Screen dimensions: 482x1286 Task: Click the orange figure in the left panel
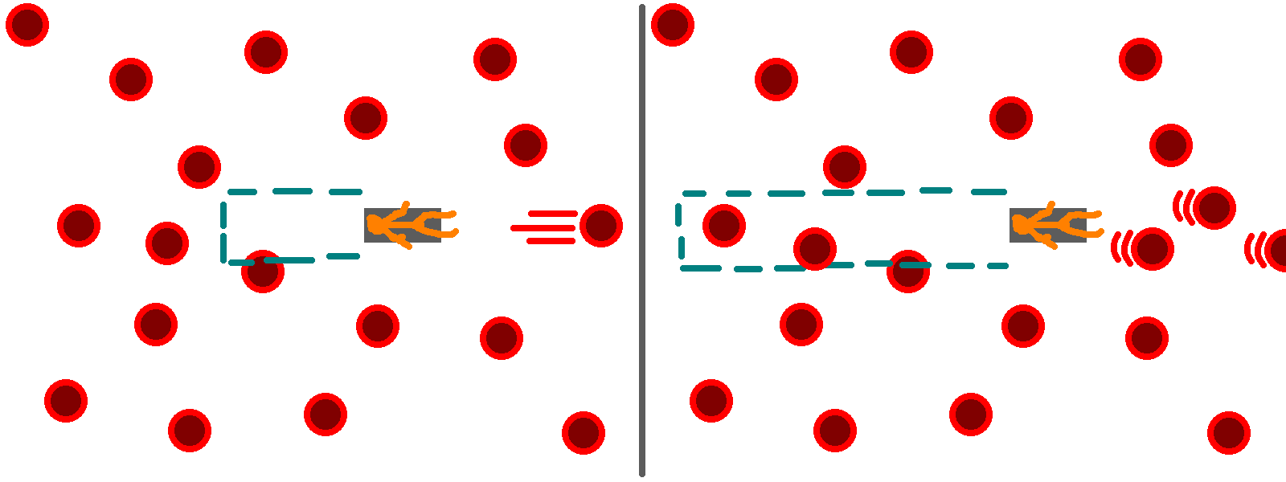(x=410, y=225)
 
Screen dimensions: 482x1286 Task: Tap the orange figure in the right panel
(x=1055, y=225)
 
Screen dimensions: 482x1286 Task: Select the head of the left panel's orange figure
(x=375, y=224)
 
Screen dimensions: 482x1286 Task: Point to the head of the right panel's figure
(x=1021, y=224)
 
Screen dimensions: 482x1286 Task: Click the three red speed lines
(x=547, y=227)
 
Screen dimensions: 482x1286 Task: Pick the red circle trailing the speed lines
(x=601, y=225)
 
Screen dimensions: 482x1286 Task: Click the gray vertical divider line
(x=642, y=241)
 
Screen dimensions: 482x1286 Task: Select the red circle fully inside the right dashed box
(x=724, y=225)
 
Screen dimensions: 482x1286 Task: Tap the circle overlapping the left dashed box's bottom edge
(x=263, y=272)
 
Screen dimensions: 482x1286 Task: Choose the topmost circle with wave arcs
(x=1214, y=208)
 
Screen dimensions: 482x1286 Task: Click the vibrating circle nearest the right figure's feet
(x=1153, y=248)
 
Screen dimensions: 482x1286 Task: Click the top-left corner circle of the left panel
(x=27, y=24)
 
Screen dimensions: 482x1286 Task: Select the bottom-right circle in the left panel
(x=584, y=433)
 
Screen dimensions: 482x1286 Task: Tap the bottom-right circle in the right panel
(x=1229, y=433)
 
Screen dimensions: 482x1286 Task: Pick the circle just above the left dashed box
(x=199, y=167)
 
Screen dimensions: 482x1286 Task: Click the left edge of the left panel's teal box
(x=223, y=232)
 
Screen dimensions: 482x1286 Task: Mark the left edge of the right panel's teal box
(x=680, y=231)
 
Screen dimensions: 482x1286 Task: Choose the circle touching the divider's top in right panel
(x=673, y=24)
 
